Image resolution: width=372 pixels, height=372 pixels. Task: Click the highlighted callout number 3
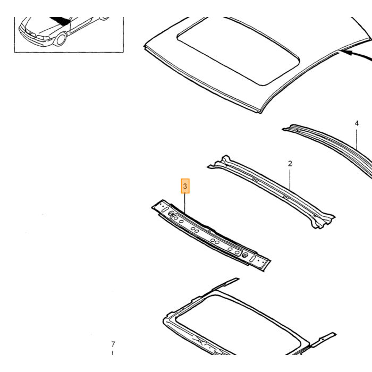click(185, 186)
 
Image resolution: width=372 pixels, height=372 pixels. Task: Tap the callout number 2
click(290, 164)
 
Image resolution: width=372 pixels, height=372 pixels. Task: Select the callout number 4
click(357, 123)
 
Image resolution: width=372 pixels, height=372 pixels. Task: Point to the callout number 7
click(113, 344)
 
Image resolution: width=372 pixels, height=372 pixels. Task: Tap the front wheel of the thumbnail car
click(60, 39)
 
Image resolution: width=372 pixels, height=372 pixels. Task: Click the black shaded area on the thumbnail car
click(61, 20)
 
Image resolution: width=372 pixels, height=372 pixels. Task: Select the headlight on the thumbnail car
click(43, 38)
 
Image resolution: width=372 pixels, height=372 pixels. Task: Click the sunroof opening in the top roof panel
click(238, 52)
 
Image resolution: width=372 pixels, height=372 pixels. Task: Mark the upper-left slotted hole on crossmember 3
click(164, 209)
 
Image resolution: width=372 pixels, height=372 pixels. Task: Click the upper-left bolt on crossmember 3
click(171, 214)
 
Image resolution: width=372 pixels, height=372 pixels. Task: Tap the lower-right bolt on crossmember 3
click(245, 255)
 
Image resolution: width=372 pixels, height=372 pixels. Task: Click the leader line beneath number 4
click(357, 139)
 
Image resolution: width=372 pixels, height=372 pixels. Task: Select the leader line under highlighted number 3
click(185, 203)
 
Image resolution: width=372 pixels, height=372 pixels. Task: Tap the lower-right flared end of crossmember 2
click(323, 221)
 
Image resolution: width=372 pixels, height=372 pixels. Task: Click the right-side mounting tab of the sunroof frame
click(324, 339)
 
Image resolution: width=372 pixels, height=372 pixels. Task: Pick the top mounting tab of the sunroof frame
click(225, 283)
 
